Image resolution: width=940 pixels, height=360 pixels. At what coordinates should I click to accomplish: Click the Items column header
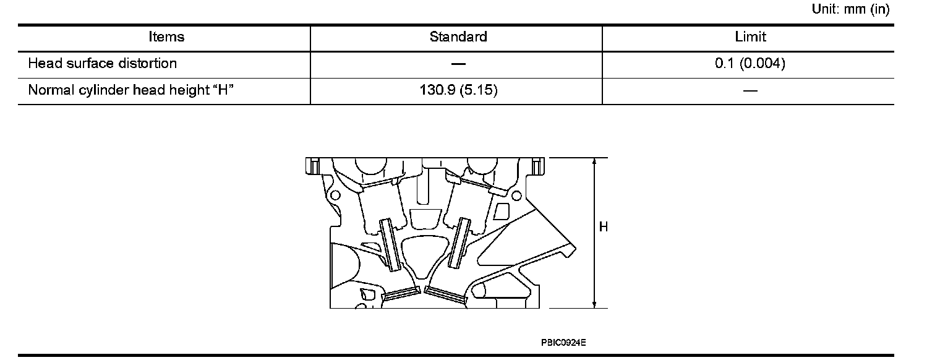[x=166, y=37]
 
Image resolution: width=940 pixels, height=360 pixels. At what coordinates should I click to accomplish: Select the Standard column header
[x=458, y=37]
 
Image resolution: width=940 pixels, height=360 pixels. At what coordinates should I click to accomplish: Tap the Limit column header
[x=750, y=37]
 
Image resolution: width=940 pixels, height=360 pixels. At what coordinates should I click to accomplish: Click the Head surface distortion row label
[x=103, y=63]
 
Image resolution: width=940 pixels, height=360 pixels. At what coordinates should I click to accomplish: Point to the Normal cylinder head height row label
[x=130, y=90]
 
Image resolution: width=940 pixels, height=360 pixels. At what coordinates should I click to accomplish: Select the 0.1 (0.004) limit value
[x=750, y=63]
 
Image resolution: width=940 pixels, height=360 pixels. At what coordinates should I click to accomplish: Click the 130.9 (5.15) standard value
[x=458, y=90]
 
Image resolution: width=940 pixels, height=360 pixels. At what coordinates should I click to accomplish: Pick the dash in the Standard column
[x=458, y=64]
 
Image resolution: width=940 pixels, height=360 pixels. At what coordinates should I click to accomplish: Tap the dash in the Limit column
[x=750, y=91]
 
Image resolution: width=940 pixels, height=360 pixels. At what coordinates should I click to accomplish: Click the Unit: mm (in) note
[x=850, y=9]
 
